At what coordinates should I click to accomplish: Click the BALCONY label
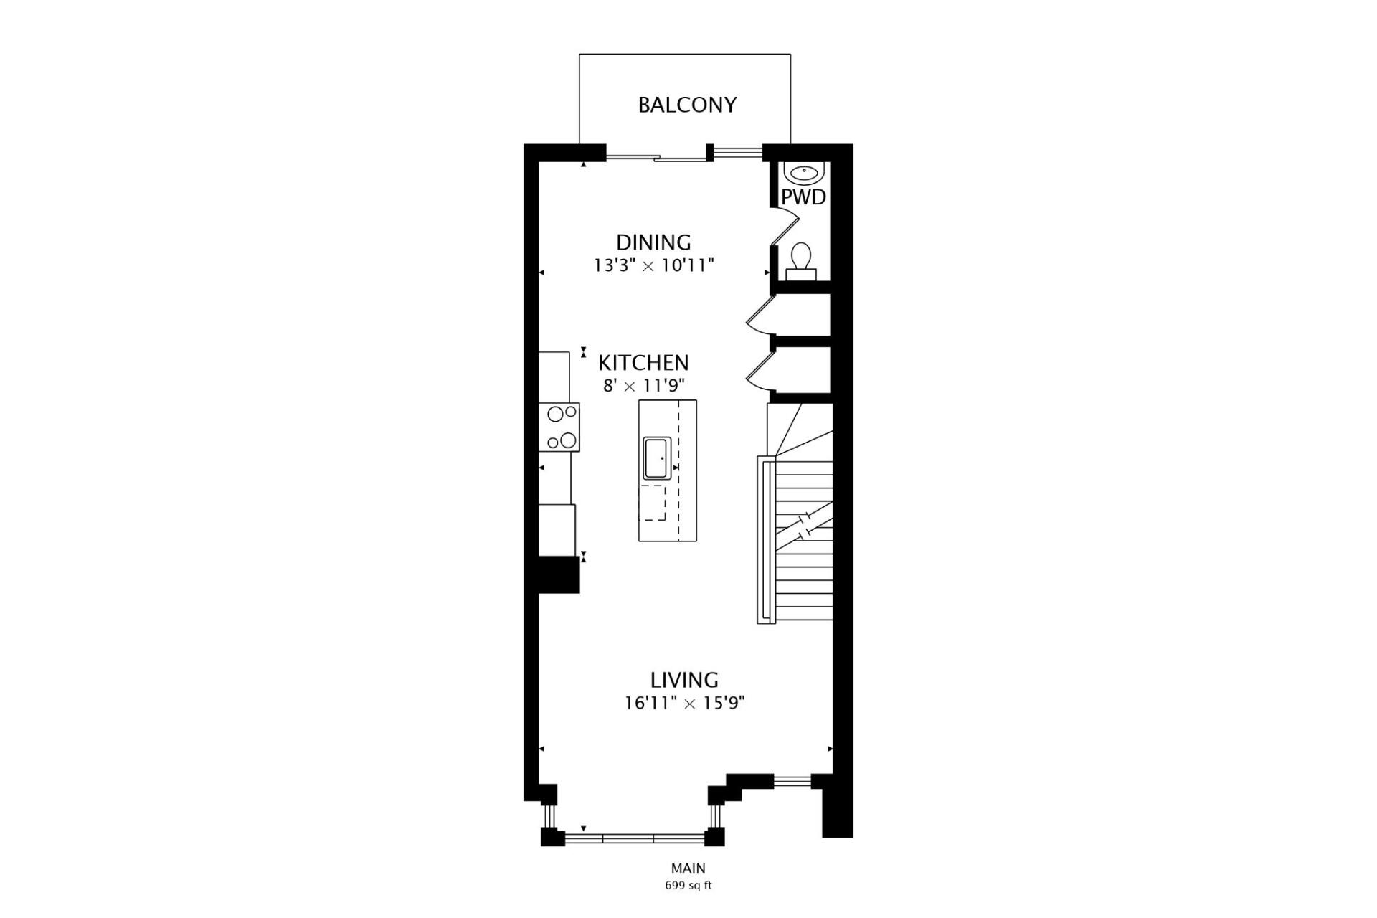(687, 105)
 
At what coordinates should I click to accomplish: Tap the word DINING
(653, 242)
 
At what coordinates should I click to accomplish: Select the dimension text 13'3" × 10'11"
(653, 266)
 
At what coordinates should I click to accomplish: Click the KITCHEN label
(643, 362)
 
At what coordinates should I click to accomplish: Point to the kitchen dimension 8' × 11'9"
(643, 386)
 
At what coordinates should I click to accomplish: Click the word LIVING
(684, 679)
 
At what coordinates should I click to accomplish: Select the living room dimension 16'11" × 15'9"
(684, 703)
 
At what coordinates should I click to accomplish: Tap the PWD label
(803, 197)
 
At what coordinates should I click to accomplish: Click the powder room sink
(804, 173)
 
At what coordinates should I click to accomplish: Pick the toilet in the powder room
(800, 260)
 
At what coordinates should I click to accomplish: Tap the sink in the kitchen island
(656, 458)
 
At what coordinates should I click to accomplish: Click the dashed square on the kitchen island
(652, 502)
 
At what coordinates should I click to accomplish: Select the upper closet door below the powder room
(760, 316)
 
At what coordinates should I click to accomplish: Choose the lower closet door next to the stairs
(760, 370)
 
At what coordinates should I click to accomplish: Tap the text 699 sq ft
(688, 885)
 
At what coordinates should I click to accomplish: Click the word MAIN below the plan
(688, 869)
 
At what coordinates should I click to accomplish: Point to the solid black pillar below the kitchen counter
(559, 574)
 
